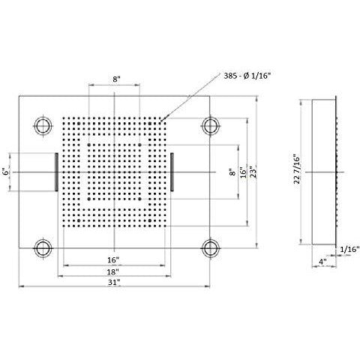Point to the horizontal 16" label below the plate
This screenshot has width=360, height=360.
pos(113,259)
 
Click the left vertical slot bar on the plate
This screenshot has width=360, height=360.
pos(55,172)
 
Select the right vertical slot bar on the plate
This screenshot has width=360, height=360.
pos(172,172)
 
